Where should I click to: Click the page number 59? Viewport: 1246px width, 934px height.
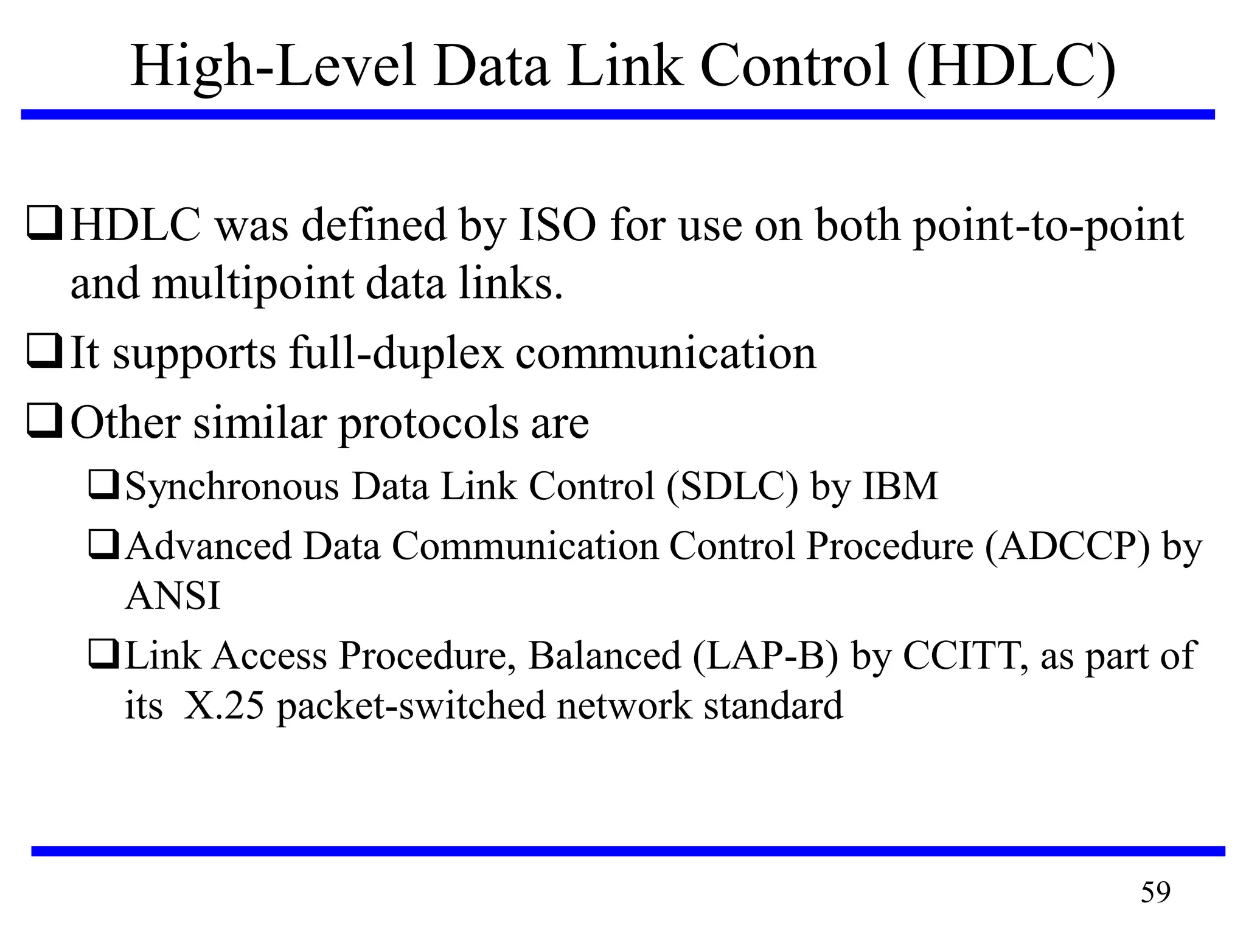[x=1155, y=892]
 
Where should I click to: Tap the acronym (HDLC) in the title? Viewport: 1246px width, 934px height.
[x=1011, y=67]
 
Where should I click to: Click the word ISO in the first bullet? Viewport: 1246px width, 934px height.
[x=557, y=226]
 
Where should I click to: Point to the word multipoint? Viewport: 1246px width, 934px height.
[x=252, y=285]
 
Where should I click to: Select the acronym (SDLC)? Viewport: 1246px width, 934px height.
[x=732, y=486]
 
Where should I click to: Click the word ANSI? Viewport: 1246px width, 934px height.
[x=172, y=595]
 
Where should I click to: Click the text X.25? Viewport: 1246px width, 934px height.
[x=224, y=705]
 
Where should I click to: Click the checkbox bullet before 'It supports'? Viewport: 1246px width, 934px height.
[x=44, y=352]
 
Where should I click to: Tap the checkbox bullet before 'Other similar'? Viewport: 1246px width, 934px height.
[x=44, y=422]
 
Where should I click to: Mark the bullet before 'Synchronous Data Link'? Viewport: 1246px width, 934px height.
[x=103, y=486]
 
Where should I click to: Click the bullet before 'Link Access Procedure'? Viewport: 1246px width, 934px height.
[x=103, y=654]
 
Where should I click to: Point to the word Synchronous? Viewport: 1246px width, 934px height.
[x=232, y=487]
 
